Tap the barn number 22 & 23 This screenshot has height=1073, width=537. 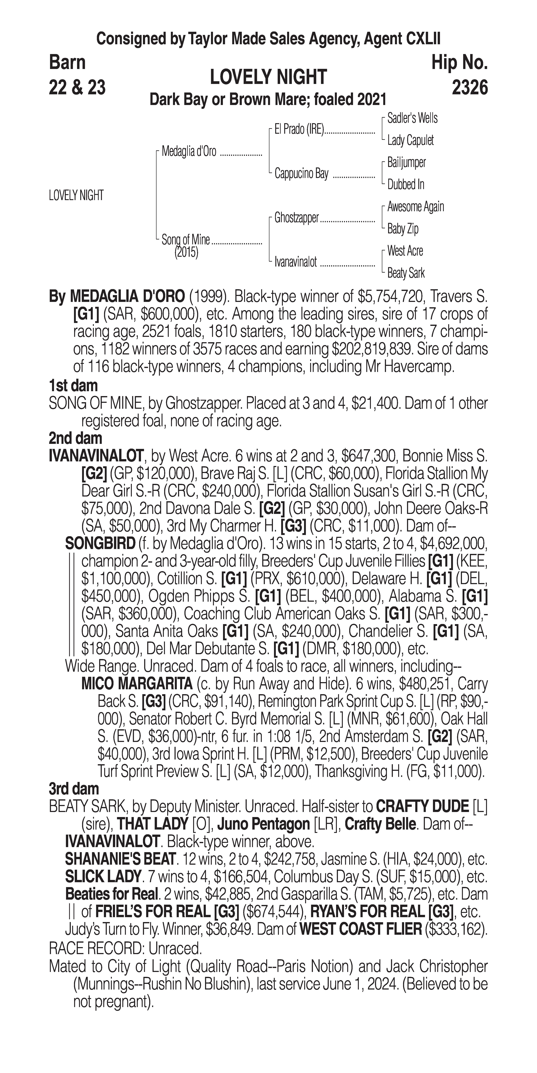pos(77,88)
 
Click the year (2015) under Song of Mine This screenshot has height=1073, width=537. pos(186,252)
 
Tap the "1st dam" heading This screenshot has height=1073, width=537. pos(73,386)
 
